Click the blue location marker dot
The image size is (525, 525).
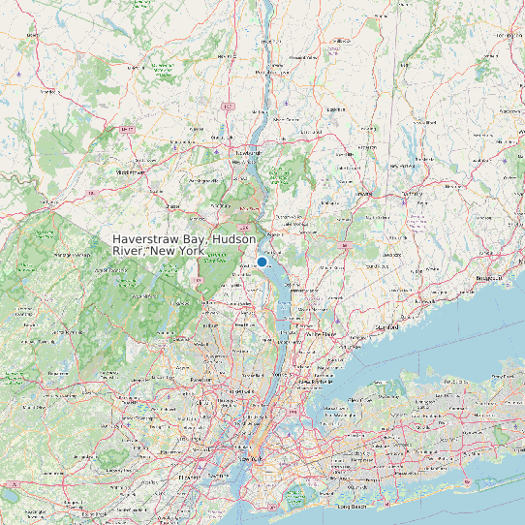pyautogui.click(x=262, y=262)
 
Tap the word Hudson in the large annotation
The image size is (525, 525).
pyautogui.click(x=234, y=239)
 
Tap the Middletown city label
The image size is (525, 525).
pyautogui.click(x=131, y=171)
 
